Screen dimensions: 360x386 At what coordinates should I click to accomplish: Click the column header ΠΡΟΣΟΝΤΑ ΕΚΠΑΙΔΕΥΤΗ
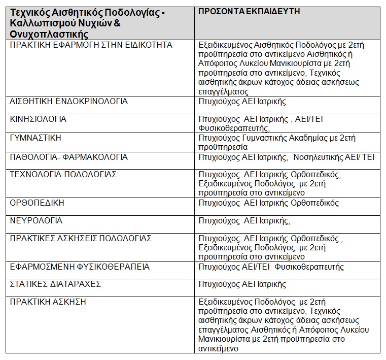point(249,12)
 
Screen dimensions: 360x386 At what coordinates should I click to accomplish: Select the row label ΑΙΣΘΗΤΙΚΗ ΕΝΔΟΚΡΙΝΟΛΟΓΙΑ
point(68,102)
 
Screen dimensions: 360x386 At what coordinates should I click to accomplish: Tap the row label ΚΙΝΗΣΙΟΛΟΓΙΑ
point(38,119)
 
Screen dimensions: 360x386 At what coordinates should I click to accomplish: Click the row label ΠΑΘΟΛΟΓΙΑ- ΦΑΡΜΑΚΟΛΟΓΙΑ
point(68,157)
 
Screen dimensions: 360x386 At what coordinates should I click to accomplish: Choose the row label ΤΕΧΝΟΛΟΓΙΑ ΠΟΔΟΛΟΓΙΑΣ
point(63,175)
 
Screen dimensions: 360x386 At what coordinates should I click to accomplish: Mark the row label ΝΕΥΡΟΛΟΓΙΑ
point(36,221)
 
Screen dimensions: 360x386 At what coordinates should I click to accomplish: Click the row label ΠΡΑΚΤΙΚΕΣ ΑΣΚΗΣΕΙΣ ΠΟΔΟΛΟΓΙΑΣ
point(81,239)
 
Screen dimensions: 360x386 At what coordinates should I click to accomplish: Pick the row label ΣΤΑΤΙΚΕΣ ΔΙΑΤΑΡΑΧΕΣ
point(55,284)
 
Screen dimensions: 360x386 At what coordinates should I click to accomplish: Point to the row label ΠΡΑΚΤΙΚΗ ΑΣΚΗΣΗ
point(48,302)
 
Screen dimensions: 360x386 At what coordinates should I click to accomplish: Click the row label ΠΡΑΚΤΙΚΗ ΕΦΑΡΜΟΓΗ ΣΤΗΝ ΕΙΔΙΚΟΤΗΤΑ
point(91,45)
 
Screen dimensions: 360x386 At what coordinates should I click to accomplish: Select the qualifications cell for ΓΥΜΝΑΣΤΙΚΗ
point(277,142)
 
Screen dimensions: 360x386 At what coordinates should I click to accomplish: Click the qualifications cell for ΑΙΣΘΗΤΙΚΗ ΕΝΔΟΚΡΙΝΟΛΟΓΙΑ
point(242,102)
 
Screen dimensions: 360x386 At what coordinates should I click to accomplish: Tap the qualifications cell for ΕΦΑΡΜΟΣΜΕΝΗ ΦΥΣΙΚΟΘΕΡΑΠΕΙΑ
point(271,267)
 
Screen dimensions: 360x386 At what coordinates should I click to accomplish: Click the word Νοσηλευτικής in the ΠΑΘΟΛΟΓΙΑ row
point(321,157)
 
